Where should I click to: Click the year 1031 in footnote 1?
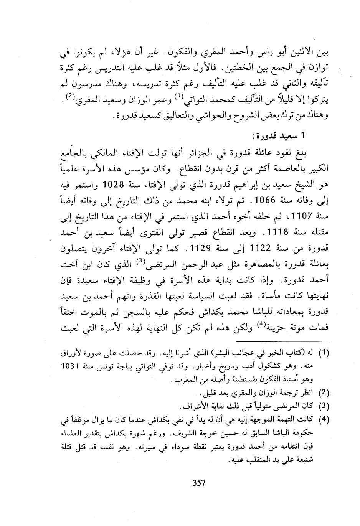pyautogui.click(x=72, y=366)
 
